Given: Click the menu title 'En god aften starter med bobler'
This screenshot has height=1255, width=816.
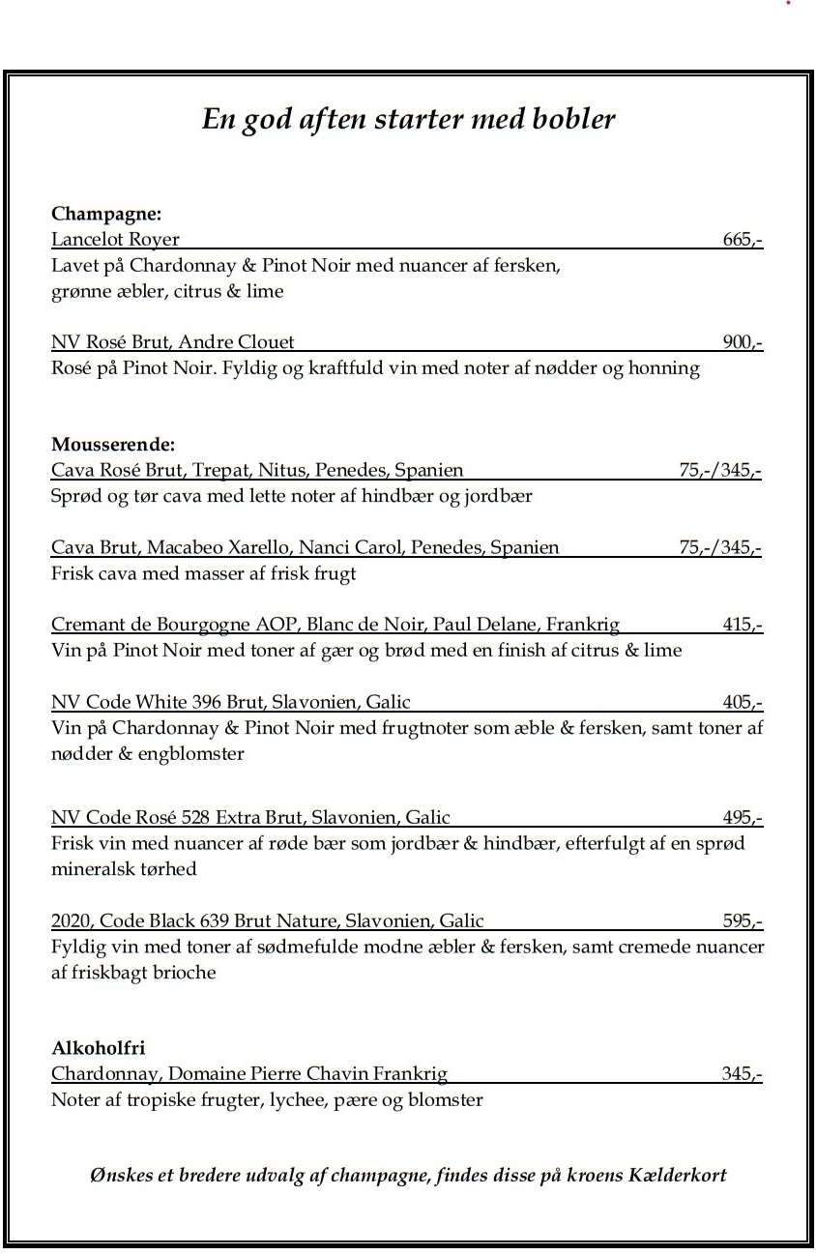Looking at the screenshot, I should [x=408, y=119].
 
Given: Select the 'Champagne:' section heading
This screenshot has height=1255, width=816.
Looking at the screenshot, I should [x=106, y=213].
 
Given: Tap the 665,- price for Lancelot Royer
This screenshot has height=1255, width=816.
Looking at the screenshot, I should [x=743, y=239].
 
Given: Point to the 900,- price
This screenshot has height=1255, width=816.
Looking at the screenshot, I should [x=743, y=341].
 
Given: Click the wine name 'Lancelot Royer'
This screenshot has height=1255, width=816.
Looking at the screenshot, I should [x=115, y=239].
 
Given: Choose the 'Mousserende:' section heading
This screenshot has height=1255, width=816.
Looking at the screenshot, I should [x=113, y=445].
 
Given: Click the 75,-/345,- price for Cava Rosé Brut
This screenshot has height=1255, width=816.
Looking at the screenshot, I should [x=719, y=470].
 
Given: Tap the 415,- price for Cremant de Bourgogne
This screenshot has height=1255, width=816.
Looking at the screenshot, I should [x=743, y=625].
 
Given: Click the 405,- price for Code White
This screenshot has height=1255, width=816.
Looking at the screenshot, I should [x=743, y=702].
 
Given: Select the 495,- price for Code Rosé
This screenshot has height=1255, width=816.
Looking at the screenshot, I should [x=743, y=818].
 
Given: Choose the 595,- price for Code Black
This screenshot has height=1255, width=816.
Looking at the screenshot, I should [x=743, y=920].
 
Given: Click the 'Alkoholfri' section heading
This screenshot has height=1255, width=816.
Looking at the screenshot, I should [x=99, y=1048].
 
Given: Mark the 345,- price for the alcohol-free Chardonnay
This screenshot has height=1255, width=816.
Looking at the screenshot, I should [x=742, y=1073].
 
